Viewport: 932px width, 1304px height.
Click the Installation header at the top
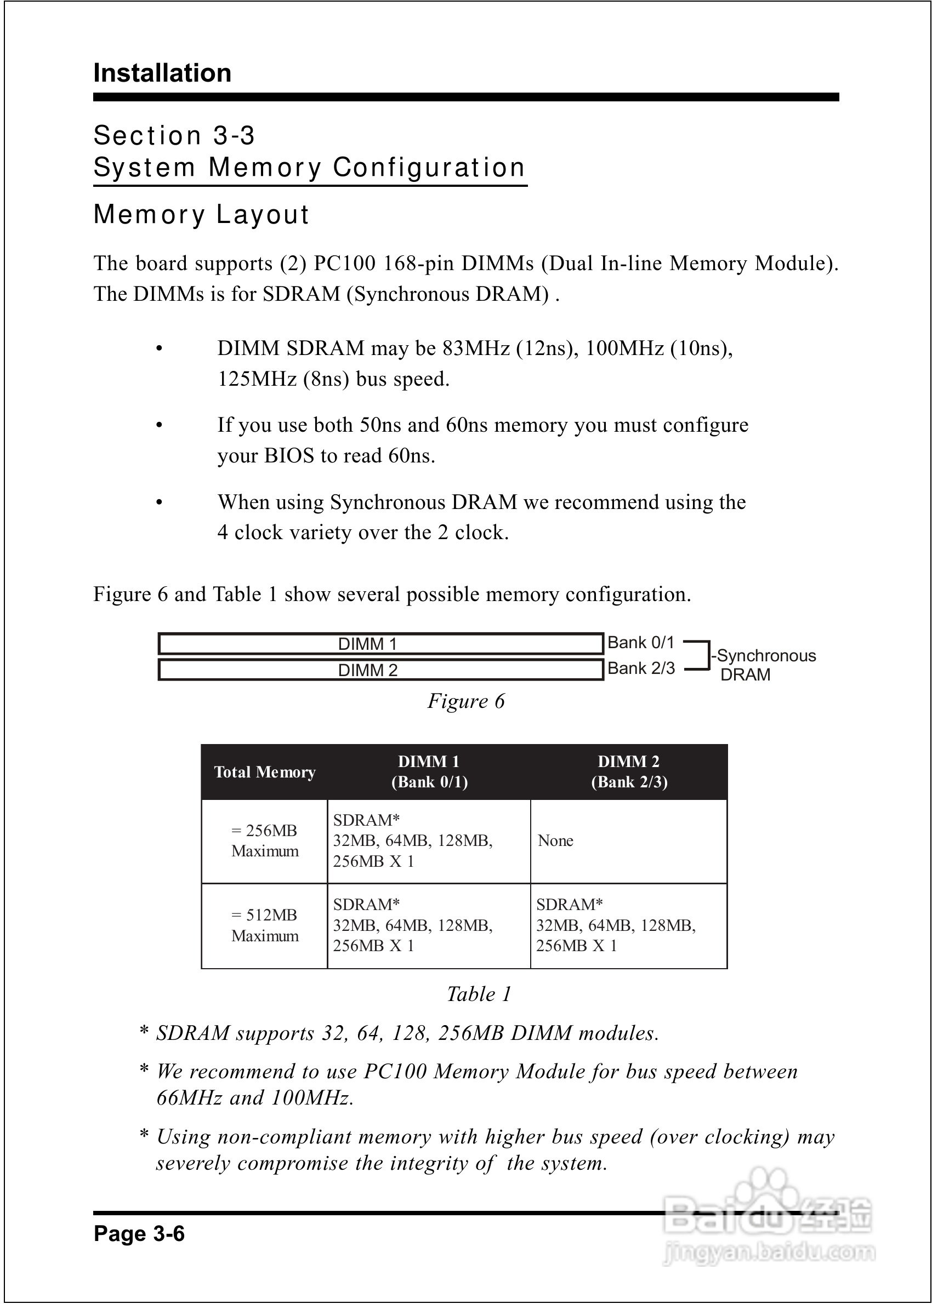point(162,73)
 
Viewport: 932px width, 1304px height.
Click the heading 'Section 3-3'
point(174,136)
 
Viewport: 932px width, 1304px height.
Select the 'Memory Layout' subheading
point(201,214)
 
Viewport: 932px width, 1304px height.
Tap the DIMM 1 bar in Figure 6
point(380,643)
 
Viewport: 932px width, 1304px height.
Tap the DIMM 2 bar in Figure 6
point(380,670)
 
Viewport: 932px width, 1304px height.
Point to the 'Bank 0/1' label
point(640,642)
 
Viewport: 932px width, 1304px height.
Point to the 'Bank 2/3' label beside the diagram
point(641,668)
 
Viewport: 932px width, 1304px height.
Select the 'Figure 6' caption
point(465,701)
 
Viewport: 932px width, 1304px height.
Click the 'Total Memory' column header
point(265,772)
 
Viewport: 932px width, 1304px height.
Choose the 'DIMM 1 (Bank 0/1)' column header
point(429,772)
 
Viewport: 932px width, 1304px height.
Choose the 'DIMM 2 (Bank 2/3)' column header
point(629,772)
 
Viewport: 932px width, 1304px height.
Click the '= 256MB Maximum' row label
point(265,840)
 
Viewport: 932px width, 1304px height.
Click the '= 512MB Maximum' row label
point(265,925)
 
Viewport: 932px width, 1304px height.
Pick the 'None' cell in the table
point(555,840)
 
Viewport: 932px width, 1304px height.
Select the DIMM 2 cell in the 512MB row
point(616,925)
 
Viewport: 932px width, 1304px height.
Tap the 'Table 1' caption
point(479,994)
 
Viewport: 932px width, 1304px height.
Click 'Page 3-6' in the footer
point(139,1233)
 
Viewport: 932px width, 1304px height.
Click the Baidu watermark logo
point(768,1227)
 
